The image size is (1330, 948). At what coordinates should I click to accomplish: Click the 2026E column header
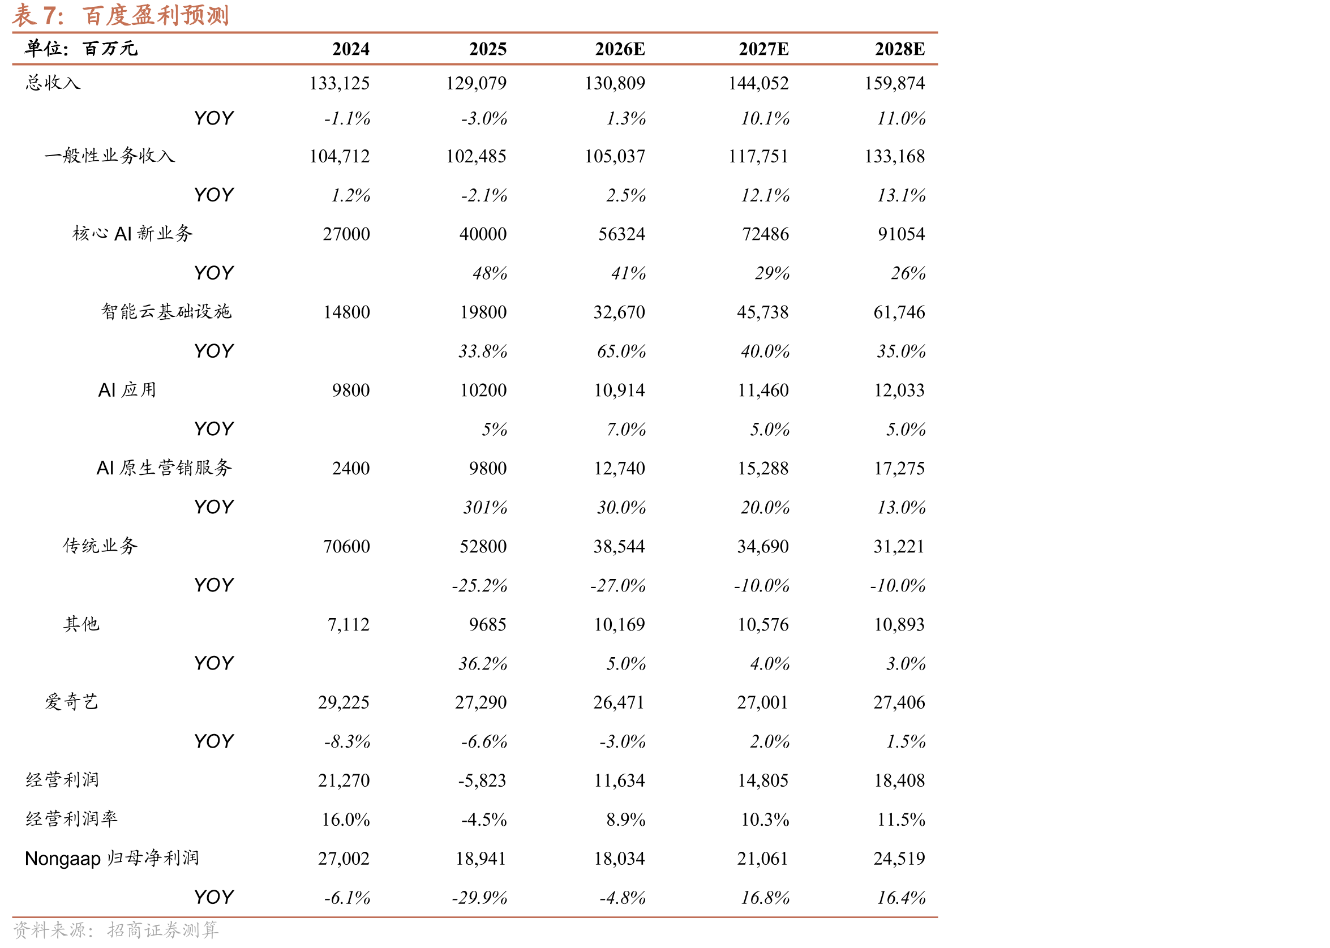click(620, 49)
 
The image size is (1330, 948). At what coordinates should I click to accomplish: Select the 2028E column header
click(899, 49)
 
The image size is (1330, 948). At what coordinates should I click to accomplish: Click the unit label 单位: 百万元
click(81, 49)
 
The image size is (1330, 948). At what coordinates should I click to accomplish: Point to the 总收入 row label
click(53, 83)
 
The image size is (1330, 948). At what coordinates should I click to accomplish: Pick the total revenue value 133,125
click(339, 83)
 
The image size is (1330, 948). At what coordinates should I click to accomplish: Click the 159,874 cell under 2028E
click(894, 83)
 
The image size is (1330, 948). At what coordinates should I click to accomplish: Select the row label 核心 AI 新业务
click(132, 234)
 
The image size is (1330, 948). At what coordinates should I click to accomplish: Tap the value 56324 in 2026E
click(621, 234)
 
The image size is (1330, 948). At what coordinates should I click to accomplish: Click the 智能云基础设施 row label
click(166, 312)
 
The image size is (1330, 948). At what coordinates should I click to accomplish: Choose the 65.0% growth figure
click(621, 351)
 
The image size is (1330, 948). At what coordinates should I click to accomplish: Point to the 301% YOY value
click(485, 507)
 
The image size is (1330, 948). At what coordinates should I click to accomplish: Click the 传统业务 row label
click(100, 546)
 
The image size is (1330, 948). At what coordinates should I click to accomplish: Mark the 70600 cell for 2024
click(347, 546)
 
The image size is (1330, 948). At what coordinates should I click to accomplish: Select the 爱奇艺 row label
click(72, 702)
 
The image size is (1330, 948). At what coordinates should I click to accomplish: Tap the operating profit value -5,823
click(482, 780)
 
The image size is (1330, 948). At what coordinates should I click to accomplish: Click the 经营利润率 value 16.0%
click(345, 820)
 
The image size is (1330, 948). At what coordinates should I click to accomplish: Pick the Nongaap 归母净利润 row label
click(112, 858)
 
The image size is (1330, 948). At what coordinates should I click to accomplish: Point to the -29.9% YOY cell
click(479, 898)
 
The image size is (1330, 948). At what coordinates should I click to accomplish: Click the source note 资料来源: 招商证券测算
click(116, 930)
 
